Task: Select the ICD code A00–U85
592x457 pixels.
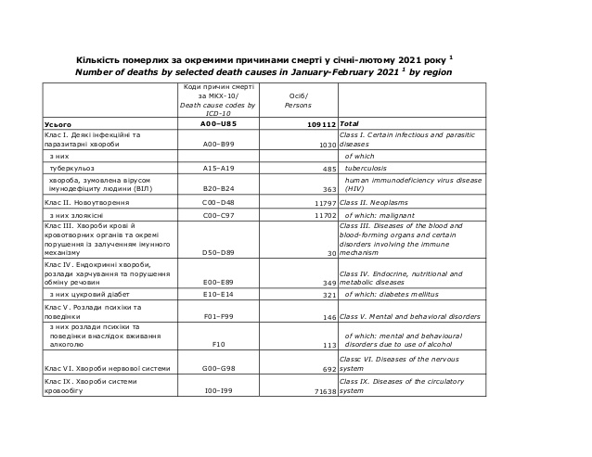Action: coord(219,122)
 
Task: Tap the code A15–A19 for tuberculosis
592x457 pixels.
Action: coord(219,169)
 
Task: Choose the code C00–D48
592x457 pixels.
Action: coord(219,201)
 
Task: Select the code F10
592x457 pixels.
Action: coord(219,343)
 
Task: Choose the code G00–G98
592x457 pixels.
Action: coord(219,368)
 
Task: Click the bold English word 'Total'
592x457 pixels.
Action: coord(350,122)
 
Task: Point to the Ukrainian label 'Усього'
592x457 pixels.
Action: coord(58,123)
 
